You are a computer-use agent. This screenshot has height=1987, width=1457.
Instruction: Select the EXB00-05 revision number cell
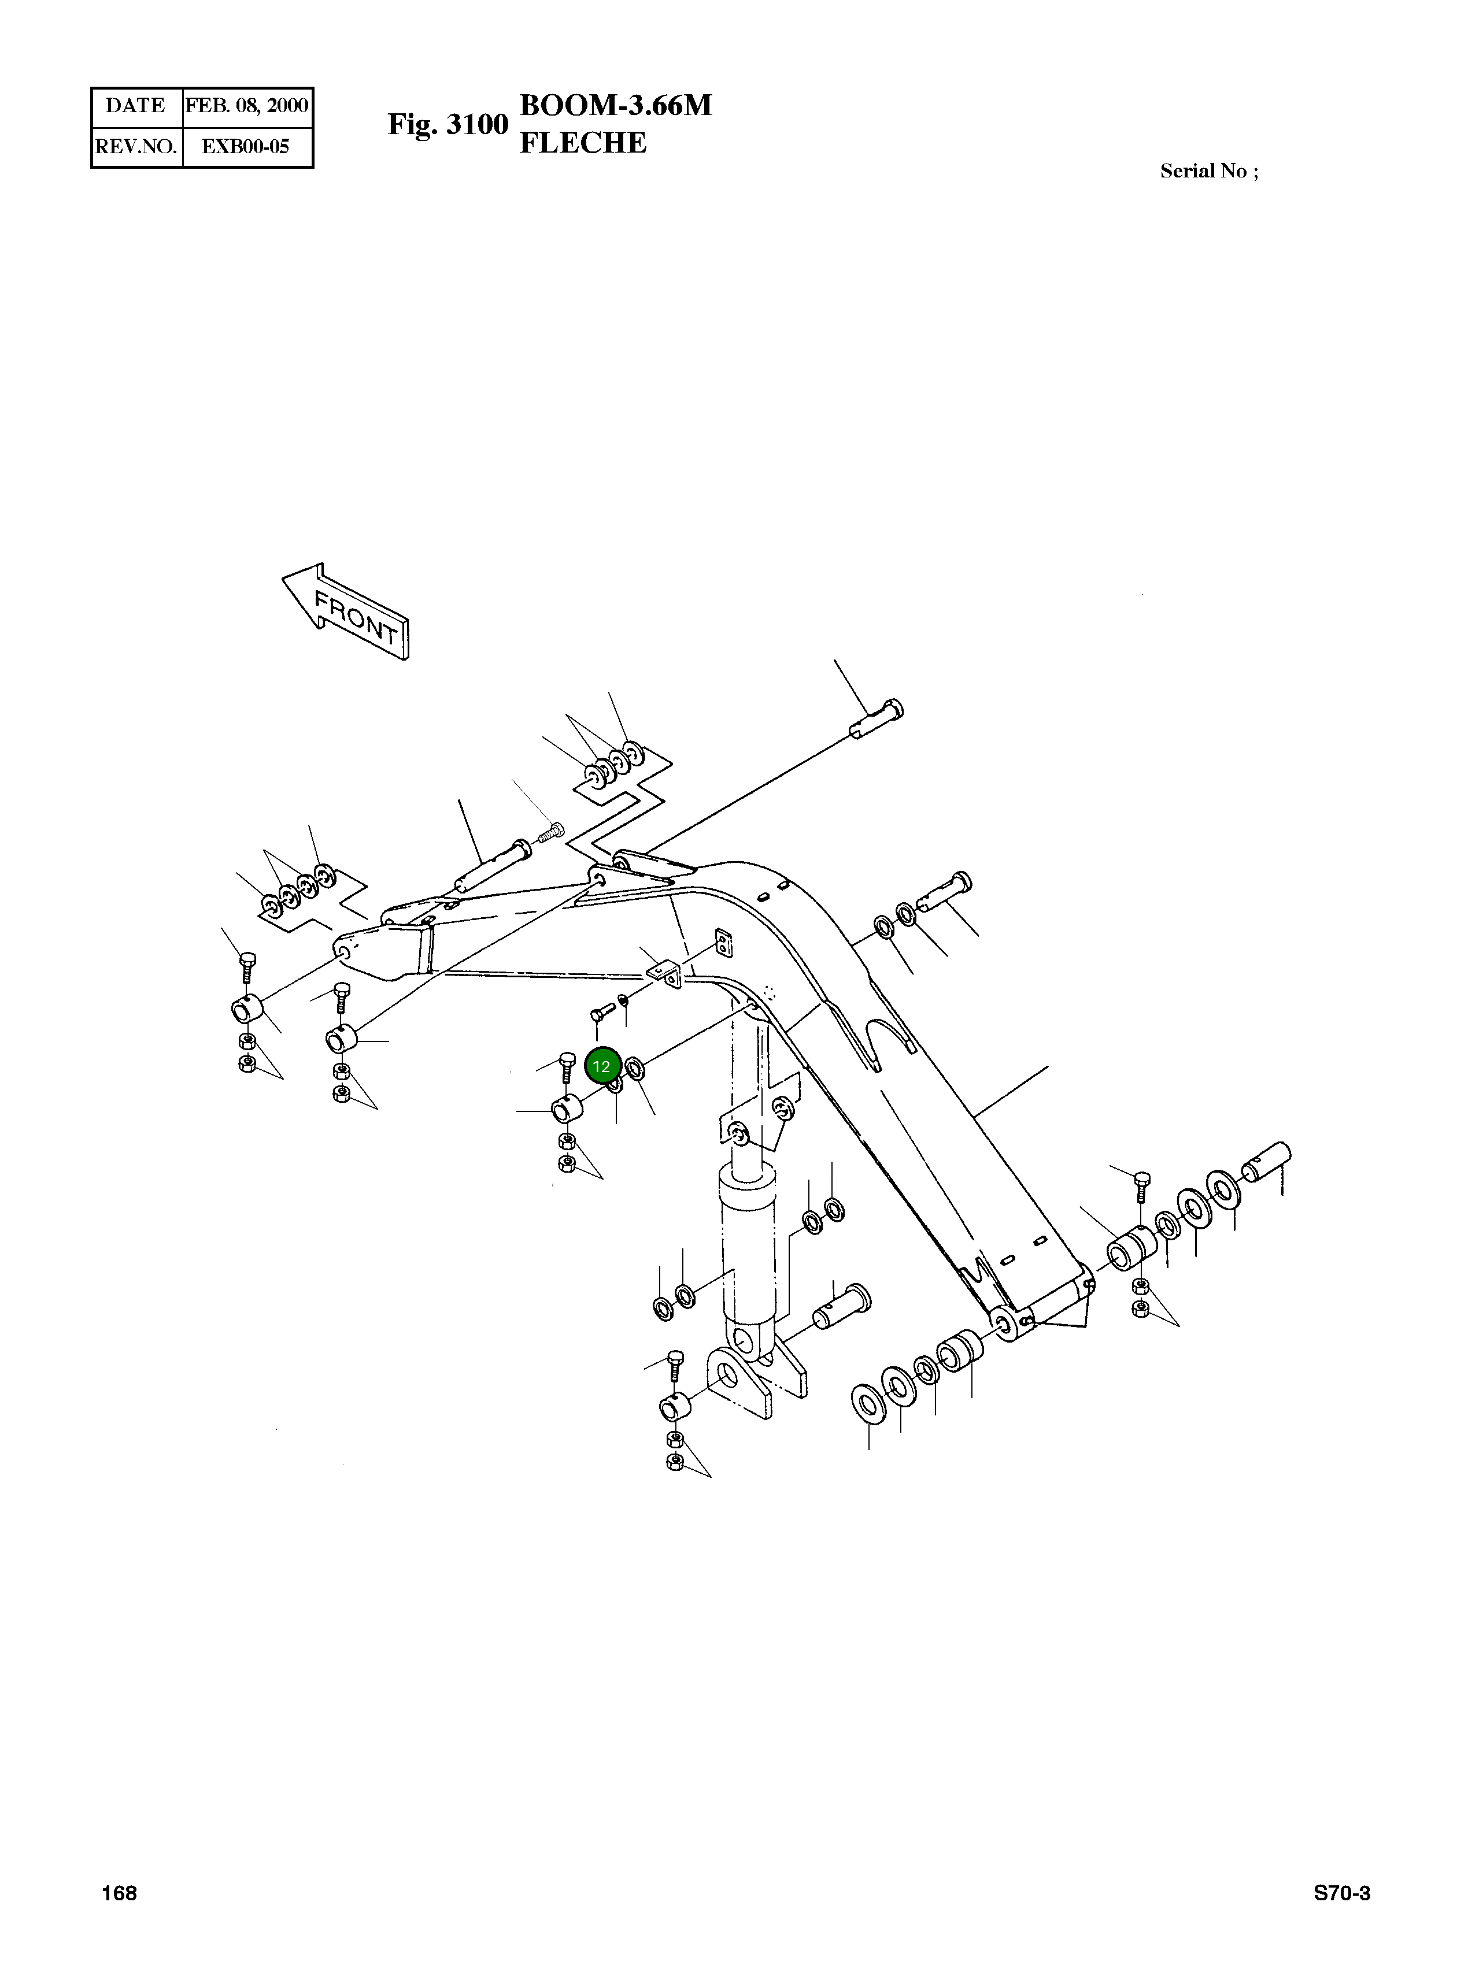246,146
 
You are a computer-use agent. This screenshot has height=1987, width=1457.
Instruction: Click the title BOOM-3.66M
616,106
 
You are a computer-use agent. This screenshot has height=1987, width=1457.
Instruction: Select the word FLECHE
583,143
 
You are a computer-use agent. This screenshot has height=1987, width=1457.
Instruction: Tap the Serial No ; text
1209,171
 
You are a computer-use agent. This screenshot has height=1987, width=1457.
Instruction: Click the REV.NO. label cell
136,146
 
